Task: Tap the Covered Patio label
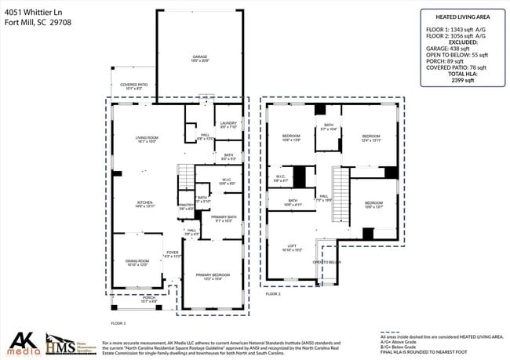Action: tap(131, 86)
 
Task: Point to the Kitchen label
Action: tap(145, 203)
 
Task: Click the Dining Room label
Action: tap(137, 263)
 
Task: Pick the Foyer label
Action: tap(172, 253)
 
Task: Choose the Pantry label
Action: tap(185, 206)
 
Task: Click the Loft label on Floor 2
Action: tap(292, 247)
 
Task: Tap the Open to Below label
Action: tap(327, 262)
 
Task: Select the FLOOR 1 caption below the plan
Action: tap(118, 323)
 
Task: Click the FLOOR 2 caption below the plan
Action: tap(272, 293)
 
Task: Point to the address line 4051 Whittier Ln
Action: tap(35, 11)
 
